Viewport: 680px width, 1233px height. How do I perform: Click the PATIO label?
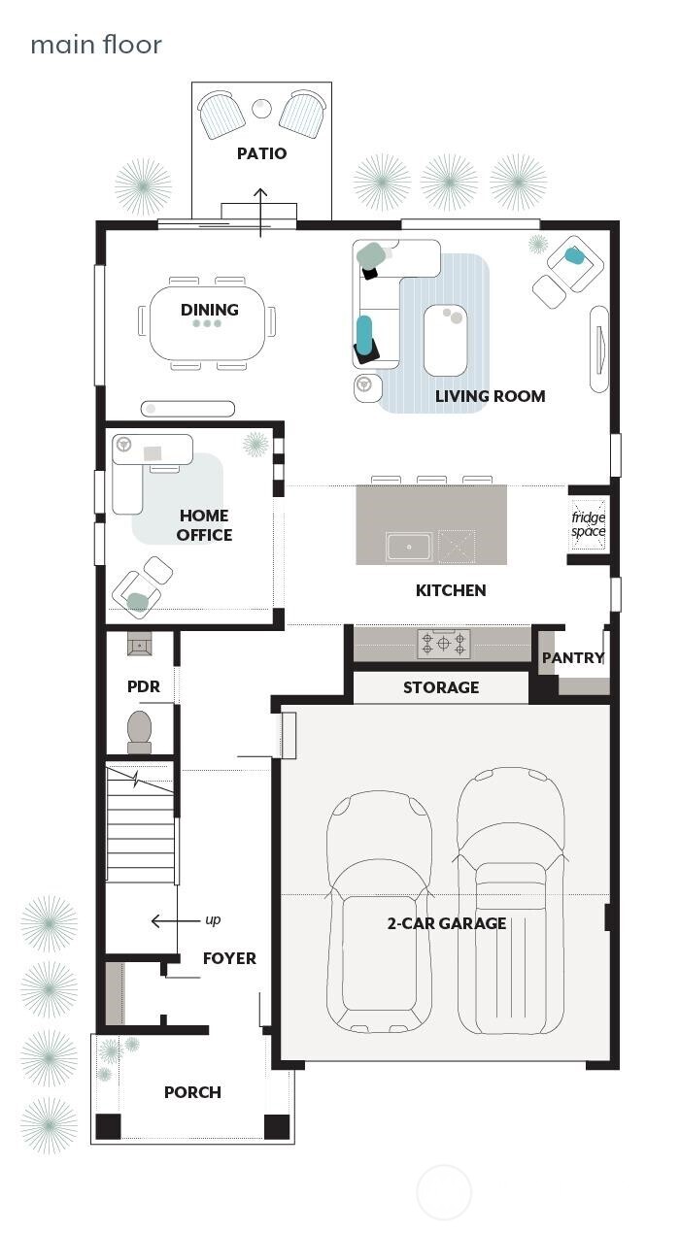point(261,153)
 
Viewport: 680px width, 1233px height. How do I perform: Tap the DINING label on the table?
point(209,310)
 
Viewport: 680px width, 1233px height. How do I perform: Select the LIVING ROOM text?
point(490,396)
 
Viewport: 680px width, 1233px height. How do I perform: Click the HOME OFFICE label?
point(204,525)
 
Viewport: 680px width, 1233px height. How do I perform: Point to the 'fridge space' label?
point(588,524)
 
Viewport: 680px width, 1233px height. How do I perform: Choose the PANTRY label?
point(572,658)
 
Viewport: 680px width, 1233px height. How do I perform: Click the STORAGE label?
point(441,687)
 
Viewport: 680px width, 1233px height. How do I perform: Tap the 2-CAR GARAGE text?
point(446,923)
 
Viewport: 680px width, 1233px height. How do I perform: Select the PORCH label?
point(192,1092)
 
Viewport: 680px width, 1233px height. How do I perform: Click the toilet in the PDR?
point(140,731)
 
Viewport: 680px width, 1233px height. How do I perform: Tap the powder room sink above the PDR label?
point(140,644)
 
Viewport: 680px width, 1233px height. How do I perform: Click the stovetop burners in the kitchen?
point(444,643)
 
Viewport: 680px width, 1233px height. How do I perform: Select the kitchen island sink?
point(409,548)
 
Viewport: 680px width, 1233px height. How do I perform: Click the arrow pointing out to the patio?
point(260,212)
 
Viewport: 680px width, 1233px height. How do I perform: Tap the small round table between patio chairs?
point(261,108)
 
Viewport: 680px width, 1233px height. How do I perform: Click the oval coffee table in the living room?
point(445,340)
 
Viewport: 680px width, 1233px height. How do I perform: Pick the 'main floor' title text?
point(96,45)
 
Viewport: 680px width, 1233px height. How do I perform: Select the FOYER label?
point(229,958)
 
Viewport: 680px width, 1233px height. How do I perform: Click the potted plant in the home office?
point(255,445)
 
